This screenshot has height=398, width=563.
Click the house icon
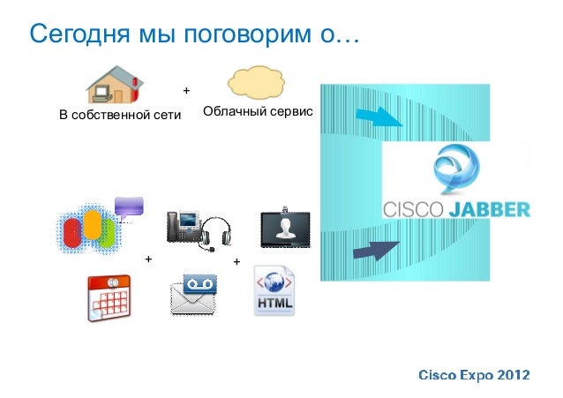coord(113,85)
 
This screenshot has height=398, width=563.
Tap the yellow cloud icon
coord(256,84)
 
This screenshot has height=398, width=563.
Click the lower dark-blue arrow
coord(379,249)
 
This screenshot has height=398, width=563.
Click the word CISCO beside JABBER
coord(416,210)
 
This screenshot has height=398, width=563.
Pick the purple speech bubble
coord(129,207)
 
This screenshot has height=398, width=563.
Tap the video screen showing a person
coord(285,229)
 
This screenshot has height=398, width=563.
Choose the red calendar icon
coord(110,298)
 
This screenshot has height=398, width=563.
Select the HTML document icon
coord(275,292)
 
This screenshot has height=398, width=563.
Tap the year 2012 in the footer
coord(513,375)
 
